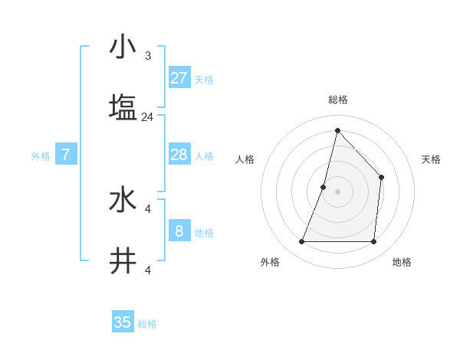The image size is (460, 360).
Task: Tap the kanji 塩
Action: coord(123,106)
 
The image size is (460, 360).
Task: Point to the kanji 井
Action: coord(123,260)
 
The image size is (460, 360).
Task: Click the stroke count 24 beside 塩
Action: coord(148,117)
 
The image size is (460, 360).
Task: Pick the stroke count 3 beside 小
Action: coord(148,56)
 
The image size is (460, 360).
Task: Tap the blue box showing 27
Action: coord(179,78)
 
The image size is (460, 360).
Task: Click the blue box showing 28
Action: coord(179,155)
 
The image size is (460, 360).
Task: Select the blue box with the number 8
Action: coord(179,231)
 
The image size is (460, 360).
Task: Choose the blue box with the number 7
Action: coord(66,155)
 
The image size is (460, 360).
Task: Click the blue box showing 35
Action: coord(123,322)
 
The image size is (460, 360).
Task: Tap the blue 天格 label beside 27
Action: coord(204,80)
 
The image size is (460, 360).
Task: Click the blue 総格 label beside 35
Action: coord(147,324)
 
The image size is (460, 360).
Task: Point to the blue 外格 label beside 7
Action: coord(41,156)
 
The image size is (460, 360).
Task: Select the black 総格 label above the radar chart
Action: coord(338,100)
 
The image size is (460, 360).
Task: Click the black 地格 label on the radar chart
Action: coord(402,262)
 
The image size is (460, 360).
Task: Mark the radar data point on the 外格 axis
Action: coord(302,242)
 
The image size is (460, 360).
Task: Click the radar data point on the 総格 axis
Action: coord(337,130)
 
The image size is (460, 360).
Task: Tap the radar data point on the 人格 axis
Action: coord(324,186)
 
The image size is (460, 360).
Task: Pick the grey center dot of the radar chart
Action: coord(337,191)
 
